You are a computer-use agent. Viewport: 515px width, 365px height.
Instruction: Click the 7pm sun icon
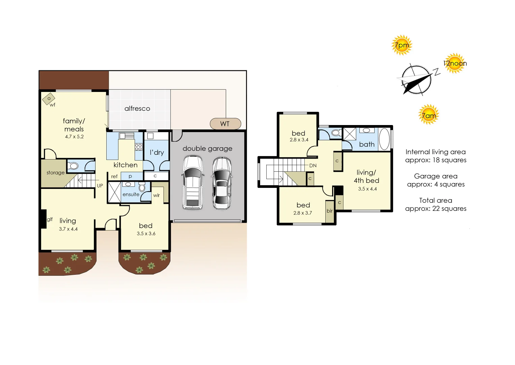402,45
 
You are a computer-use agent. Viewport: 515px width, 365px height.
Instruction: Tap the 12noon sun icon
455,63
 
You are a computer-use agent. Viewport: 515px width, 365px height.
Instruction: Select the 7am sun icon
429,115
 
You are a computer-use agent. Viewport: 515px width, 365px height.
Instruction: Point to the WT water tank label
225,124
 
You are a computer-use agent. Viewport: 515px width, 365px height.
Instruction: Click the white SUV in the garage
193,182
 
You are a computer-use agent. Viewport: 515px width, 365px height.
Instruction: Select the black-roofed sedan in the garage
222,183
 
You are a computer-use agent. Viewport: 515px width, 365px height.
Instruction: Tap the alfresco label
137,108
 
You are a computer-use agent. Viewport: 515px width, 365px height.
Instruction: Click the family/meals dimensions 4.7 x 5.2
74,137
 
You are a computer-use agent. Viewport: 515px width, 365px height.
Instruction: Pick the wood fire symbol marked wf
49,99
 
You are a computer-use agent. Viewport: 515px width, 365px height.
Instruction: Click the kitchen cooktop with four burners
138,147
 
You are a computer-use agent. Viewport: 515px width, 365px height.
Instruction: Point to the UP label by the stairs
100,186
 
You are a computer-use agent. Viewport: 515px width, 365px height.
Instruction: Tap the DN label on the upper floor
313,166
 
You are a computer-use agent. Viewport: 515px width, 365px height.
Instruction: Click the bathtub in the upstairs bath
384,139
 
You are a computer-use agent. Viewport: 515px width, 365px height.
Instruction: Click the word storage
55,173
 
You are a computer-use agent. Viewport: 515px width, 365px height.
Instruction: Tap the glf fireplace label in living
50,219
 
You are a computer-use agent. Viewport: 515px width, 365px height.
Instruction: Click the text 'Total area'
435,200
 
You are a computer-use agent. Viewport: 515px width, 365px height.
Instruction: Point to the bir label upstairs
329,211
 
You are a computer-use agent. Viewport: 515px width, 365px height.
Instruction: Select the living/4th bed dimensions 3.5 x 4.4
367,189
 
